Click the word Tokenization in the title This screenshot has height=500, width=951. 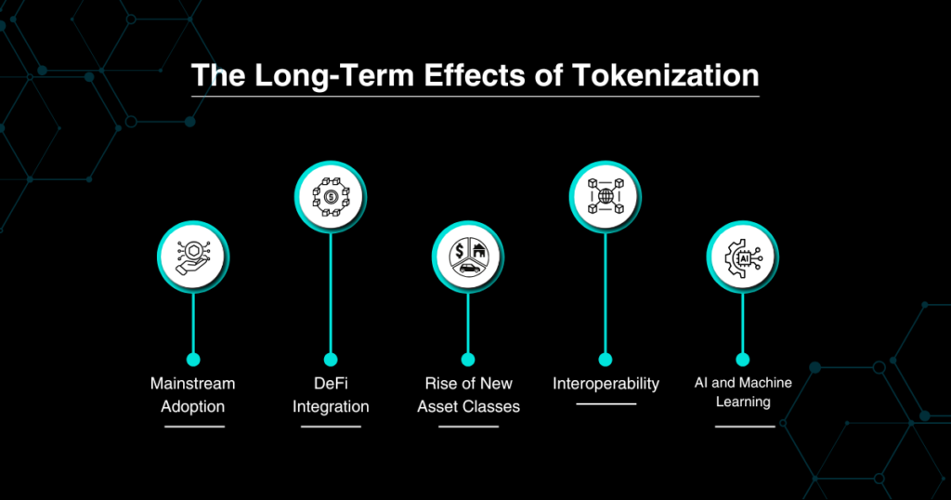[665, 76]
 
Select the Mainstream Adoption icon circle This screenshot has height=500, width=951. [193, 257]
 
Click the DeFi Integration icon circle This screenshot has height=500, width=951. [331, 197]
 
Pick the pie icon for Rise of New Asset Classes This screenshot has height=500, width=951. [468, 257]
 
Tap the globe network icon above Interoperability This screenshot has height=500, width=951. [606, 197]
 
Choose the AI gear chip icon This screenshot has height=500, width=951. [743, 257]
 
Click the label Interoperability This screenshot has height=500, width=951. [606, 384]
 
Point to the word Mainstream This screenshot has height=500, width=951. [193, 384]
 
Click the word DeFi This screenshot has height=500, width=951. [331, 384]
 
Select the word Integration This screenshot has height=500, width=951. [331, 407]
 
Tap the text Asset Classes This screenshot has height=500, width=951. [468, 406]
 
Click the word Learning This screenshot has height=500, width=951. [743, 402]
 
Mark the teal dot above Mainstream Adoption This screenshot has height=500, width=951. [193, 360]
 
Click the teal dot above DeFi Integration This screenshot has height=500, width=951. [331, 360]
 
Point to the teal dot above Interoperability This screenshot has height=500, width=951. [606, 360]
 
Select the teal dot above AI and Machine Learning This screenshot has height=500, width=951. [743, 360]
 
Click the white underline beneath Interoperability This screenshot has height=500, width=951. [606, 403]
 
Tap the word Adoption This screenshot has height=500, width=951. [193, 407]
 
